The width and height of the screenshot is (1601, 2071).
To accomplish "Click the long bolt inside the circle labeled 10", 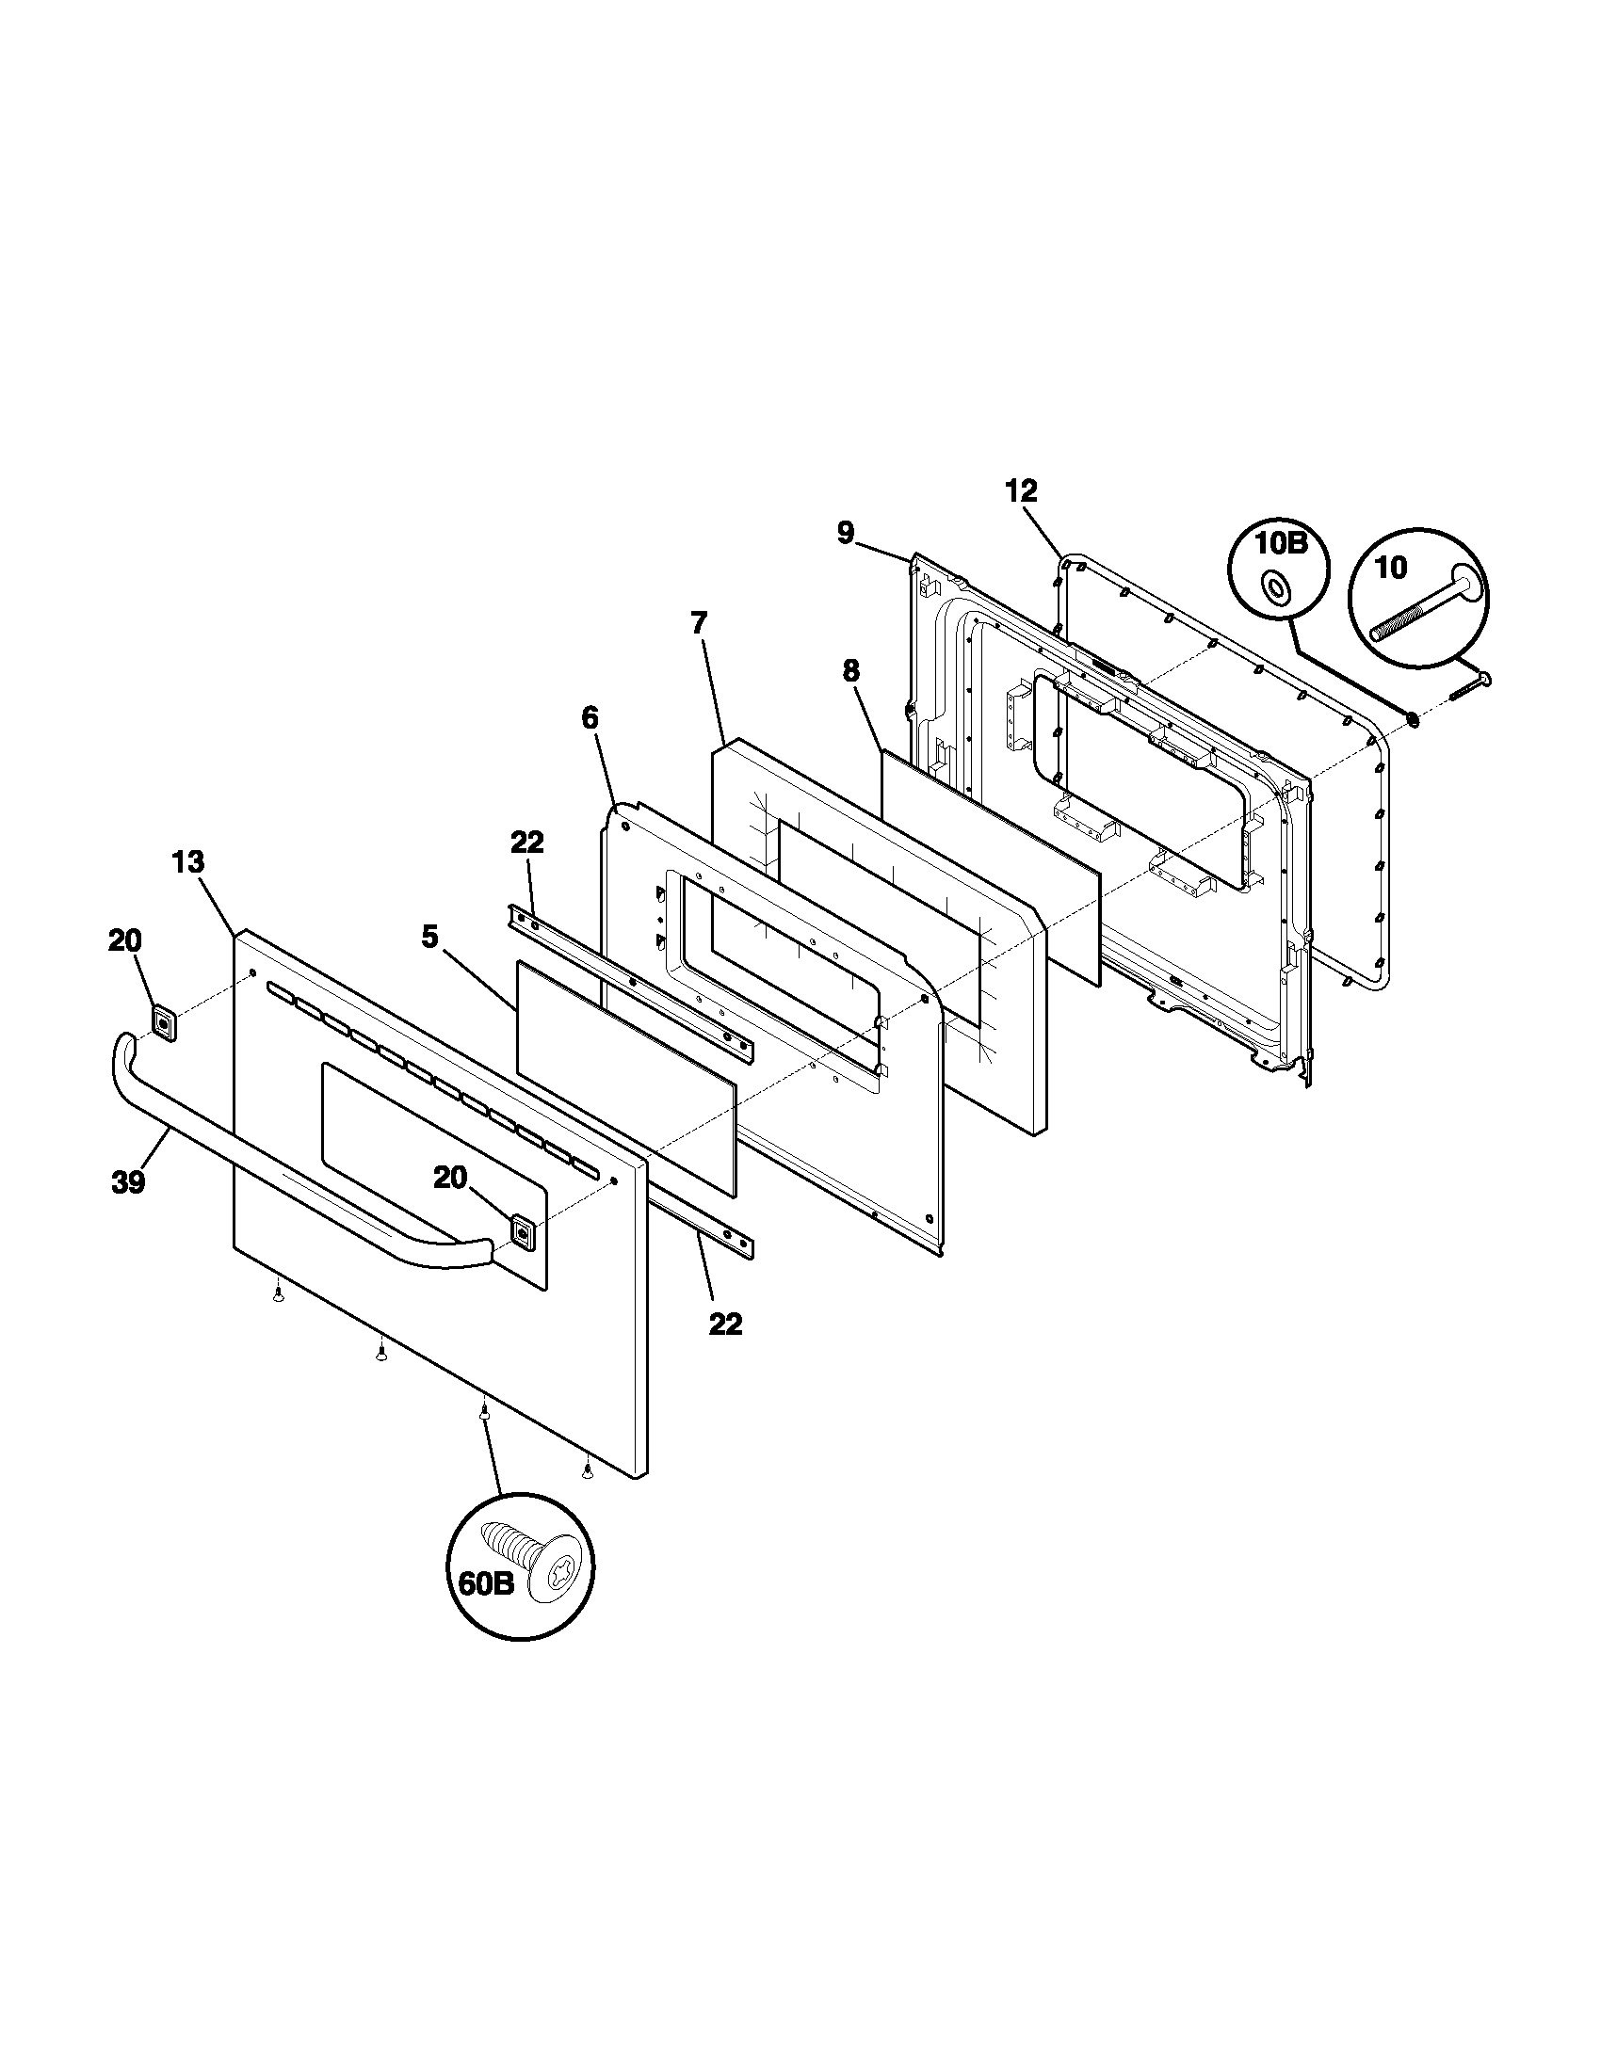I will coord(1423,609).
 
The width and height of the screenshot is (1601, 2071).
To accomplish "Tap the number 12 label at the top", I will coord(1021,491).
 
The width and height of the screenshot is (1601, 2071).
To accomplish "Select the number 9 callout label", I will coord(845,533).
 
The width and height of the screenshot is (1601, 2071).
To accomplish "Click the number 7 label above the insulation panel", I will coord(698,624).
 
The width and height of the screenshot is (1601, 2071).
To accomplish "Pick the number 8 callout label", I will coord(850,671).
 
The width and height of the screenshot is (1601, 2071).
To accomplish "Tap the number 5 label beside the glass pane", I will coord(429,938).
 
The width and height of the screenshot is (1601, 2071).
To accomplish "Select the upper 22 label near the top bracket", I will coord(527,843).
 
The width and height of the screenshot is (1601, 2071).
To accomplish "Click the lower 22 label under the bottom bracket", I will coord(725,1324).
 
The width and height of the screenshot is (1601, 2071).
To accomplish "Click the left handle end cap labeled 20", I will coord(163,1024).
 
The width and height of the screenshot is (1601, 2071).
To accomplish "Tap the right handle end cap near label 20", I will coord(522,1231).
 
